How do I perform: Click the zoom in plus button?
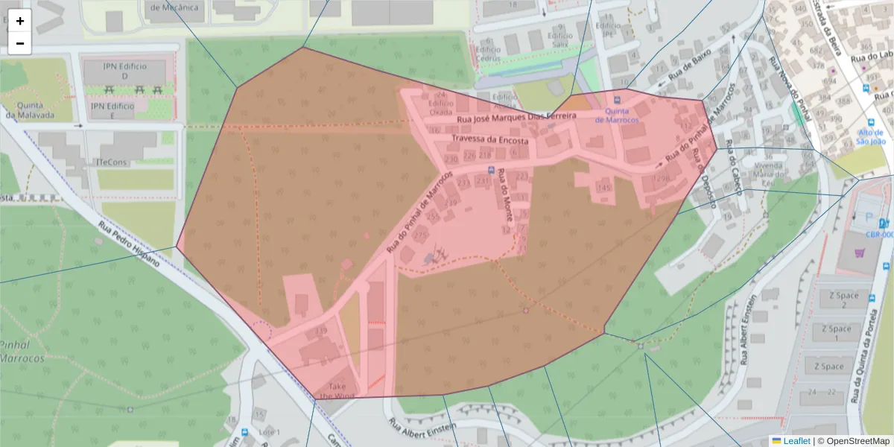click(x=20, y=21)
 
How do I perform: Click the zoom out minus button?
click(x=20, y=43)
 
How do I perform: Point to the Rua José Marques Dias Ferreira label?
click(x=516, y=117)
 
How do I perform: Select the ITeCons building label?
click(x=112, y=162)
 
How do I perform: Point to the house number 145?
click(x=603, y=188)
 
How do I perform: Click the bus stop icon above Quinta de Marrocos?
click(x=618, y=101)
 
